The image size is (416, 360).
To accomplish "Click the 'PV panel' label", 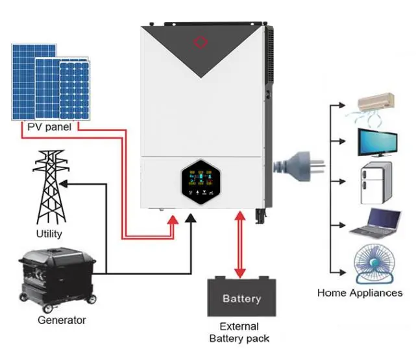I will (49, 126).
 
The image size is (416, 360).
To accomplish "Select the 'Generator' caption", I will (61, 320).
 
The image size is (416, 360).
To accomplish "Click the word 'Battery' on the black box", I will (241, 299).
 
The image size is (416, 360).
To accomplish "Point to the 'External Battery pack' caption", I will (239, 332).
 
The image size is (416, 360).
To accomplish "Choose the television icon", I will (376, 143).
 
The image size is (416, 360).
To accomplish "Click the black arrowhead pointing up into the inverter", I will (190, 221).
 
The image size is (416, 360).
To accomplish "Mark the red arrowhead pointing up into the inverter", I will (173, 221).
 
